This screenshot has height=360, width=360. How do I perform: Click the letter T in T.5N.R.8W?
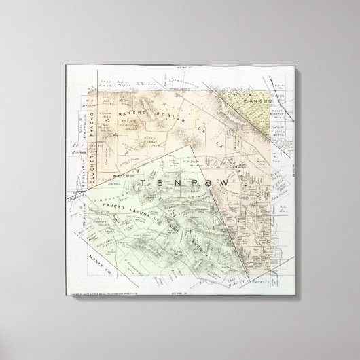(141, 183)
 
